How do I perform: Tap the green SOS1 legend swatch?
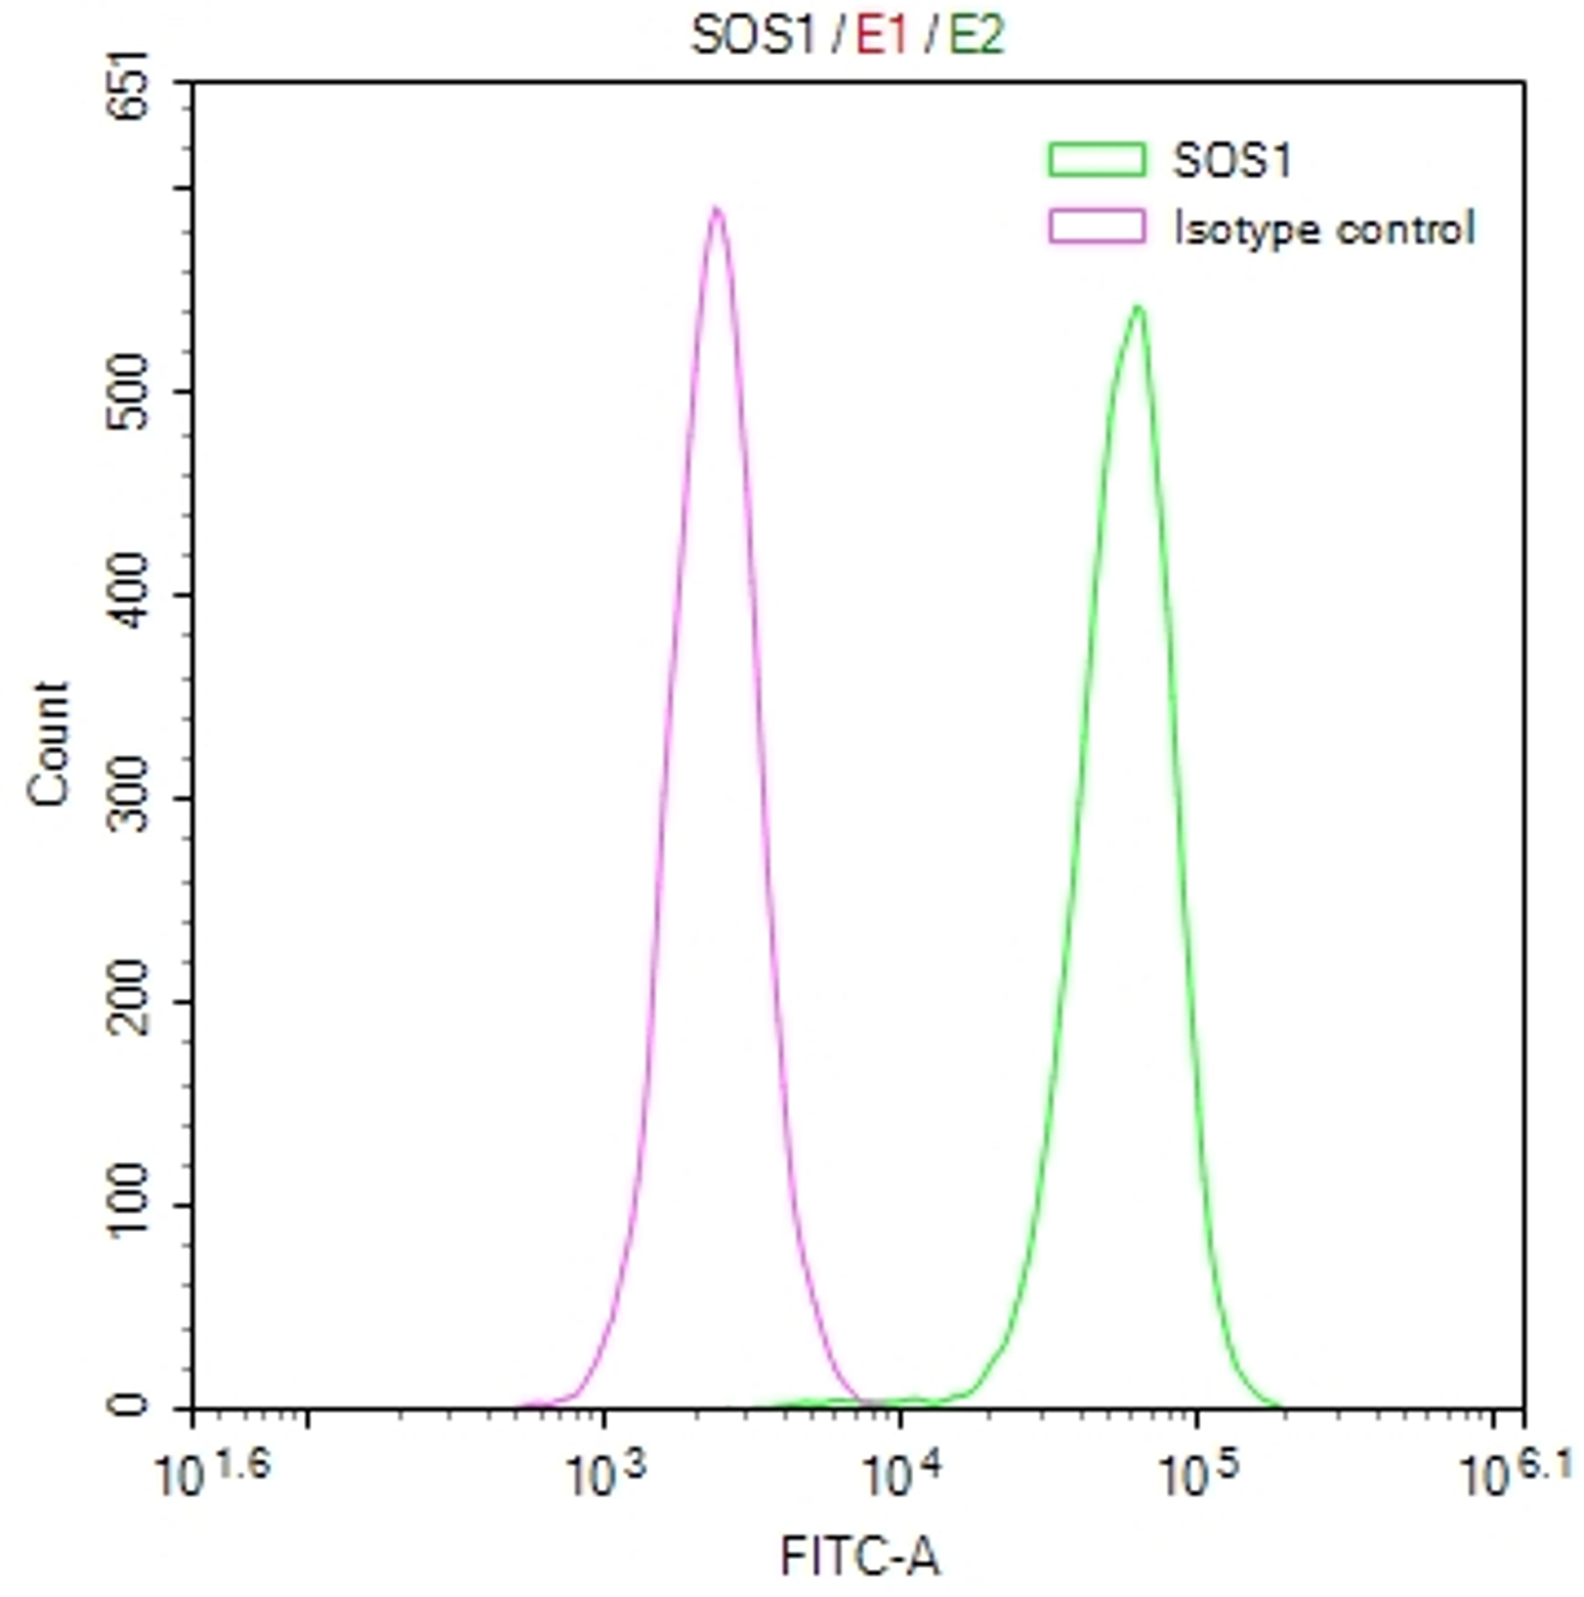1097,160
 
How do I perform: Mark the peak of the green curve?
1139,309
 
